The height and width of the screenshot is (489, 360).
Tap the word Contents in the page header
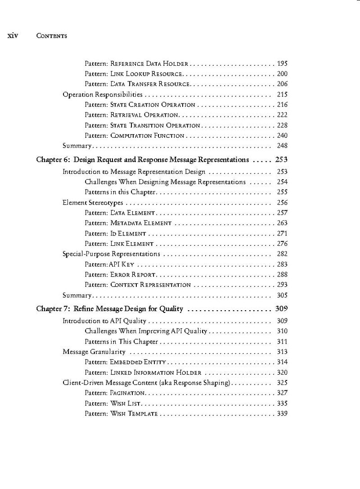point(51,36)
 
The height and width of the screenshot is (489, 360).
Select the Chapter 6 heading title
point(142,159)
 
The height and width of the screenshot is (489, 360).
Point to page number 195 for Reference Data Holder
point(282,63)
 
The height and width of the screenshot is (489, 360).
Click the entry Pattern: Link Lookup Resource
point(133,74)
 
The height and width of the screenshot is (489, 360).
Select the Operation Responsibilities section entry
point(103,95)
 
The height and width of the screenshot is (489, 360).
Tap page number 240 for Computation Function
point(282,136)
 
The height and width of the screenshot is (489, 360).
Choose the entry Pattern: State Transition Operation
point(142,126)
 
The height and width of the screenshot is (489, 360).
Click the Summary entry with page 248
point(77,146)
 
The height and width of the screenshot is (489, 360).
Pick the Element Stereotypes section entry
point(93,203)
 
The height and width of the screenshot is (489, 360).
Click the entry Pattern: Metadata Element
point(128,223)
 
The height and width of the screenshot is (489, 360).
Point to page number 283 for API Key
point(282,264)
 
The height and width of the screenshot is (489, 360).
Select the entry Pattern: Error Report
point(120,275)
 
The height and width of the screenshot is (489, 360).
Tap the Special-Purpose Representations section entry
point(112,254)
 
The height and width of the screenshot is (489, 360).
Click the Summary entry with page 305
point(77,295)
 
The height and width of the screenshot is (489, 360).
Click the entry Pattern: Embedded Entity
point(126,362)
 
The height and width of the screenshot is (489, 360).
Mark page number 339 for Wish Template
point(282,414)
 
